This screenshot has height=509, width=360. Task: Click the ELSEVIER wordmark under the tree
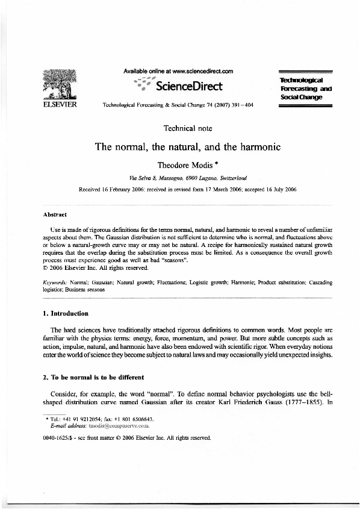point(57,104)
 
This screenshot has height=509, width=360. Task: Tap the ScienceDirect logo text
point(188,86)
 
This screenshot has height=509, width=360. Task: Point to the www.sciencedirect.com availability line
point(178,71)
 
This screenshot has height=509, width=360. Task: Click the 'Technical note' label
point(187,128)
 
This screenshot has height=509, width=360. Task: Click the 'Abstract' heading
point(55,214)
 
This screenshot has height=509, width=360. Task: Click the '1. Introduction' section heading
point(66,313)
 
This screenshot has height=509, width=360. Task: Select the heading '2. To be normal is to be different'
point(93,378)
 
